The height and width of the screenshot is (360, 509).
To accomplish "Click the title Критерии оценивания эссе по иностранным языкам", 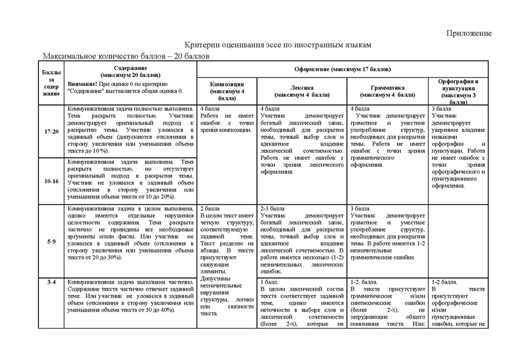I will (275, 46).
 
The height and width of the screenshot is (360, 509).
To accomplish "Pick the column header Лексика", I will (302, 88).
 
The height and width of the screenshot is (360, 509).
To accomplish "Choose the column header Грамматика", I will (387, 88).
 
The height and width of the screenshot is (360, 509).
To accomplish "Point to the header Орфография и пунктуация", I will (459, 85).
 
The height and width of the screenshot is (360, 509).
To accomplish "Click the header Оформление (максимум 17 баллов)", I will (343, 68).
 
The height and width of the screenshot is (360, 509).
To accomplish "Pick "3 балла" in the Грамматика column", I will (361, 209).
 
